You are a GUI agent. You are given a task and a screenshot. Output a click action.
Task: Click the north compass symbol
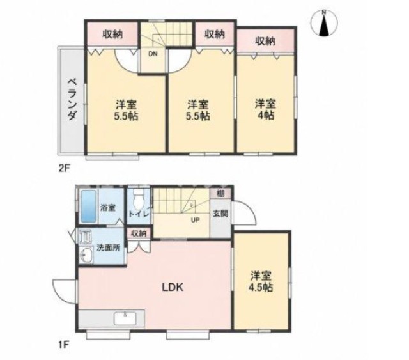(324, 23)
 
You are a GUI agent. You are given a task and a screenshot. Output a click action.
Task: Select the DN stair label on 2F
(153, 54)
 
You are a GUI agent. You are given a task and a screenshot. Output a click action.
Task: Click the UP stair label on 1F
(196, 220)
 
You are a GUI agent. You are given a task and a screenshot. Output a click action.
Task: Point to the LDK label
(173, 288)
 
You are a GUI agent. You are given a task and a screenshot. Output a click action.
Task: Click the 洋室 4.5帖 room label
(261, 281)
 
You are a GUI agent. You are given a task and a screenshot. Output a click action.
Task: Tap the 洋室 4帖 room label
(265, 109)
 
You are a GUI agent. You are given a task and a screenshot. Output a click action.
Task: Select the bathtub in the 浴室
(89, 207)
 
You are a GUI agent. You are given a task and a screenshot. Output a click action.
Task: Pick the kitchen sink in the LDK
(125, 318)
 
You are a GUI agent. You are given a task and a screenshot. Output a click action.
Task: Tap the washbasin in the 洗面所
(86, 254)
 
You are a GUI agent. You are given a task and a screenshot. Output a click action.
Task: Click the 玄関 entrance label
(220, 214)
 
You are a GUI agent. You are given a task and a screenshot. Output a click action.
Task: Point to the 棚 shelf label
(220, 194)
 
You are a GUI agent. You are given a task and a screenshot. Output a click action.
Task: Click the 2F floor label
(64, 168)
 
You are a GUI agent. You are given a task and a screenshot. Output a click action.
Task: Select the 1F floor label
(63, 345)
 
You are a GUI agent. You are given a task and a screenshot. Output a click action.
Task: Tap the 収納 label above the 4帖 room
(265, 41)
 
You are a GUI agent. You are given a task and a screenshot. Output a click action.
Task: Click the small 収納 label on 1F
(139, 233)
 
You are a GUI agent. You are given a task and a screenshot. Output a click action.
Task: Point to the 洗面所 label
(108, 247)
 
